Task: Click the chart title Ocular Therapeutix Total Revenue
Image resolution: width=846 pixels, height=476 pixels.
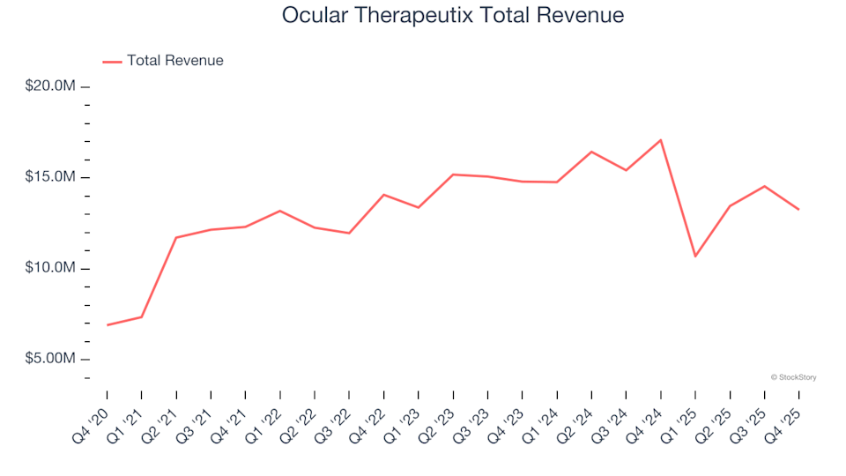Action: coord(453,16)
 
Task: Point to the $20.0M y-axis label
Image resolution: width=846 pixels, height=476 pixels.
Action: coord(52,86)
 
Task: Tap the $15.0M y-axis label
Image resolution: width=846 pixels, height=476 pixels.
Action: coord(52,177)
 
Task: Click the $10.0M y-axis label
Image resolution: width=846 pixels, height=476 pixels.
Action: coord(52,268)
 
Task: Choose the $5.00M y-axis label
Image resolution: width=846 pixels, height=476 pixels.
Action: coord(52,359)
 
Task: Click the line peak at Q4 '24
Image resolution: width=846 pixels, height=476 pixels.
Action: coord(661,140)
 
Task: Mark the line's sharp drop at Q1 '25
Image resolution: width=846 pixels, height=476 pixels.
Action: coord(695,257)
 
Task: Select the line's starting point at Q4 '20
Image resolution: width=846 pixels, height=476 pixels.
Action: coord(108,325)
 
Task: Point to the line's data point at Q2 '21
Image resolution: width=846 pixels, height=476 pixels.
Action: coord(176,238)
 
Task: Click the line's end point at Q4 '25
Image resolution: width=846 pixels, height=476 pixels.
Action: coord(799,210)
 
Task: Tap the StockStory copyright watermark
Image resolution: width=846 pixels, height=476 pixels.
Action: coord(793,377)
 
